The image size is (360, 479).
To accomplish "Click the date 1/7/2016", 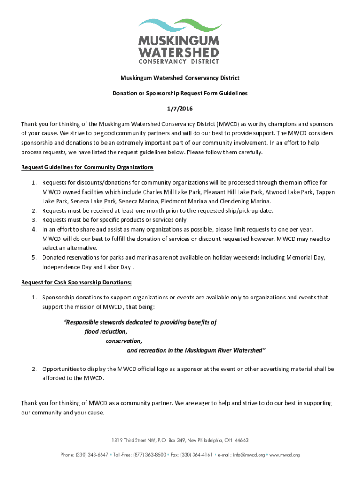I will pyautogui.click(x=180, y=109).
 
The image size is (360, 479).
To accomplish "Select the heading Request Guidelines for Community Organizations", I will pyautogui.click(x=87, y=167).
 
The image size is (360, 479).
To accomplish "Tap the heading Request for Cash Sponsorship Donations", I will pyautogui.click(x=77, y=282).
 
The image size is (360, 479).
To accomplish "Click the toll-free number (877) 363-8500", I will pyautogui.click(x=148, y=454).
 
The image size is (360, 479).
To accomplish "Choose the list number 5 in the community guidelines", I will pyautogui.click(x=34, y=258).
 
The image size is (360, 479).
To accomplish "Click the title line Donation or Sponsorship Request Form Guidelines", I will pyautogui.click(x=180, y=93).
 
